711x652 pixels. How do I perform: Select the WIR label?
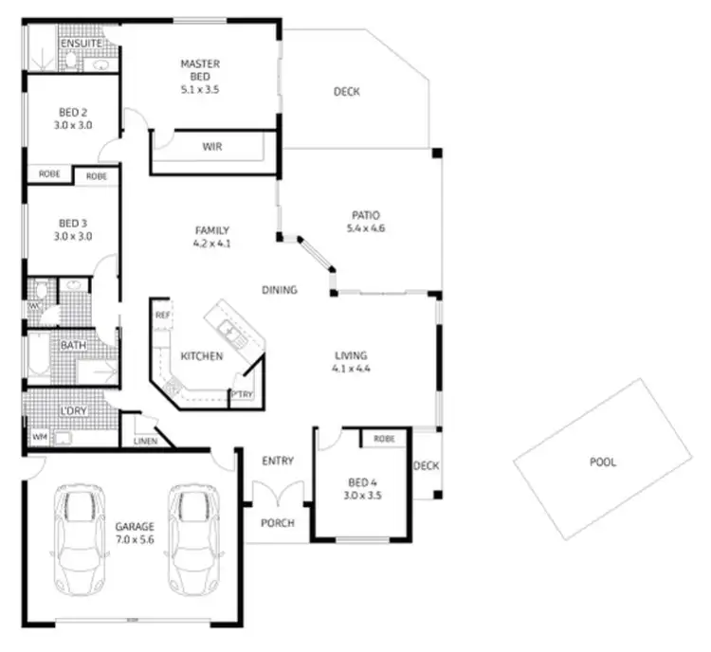click(212, 147)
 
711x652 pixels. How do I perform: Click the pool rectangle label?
click(602, 462)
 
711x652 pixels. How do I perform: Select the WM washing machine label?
click(39, 438)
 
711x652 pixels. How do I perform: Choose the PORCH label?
click(277, 523)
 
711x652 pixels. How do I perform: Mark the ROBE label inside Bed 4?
click(384, 440)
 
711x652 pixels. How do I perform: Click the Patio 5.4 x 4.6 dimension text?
click(366, 227)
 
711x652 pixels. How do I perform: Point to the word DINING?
click(281, 290)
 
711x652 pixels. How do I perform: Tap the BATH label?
click(73, 345)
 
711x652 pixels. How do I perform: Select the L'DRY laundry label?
click(73, 411)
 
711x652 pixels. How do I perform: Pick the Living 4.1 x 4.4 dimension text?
click(350, 368)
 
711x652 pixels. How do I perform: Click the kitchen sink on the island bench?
click(228, 329)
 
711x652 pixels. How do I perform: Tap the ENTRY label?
click(277, 462)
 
